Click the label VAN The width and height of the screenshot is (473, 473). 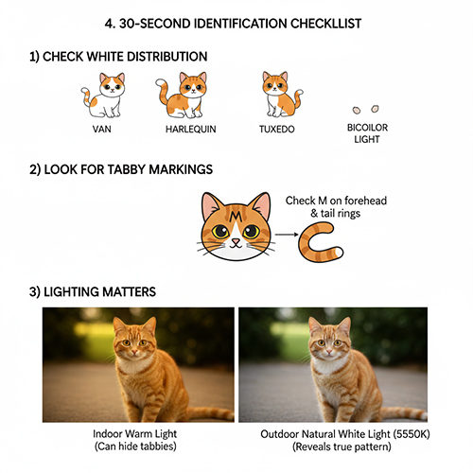pos(102,128)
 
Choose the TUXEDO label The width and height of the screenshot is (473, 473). pos(277,128)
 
